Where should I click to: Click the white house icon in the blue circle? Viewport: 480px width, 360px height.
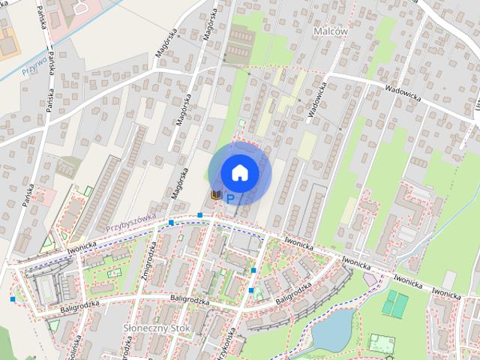click(x=240, y=172)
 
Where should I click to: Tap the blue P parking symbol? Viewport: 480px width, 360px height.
click(x=230, y=199)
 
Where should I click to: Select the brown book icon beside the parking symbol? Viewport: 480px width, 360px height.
click(x=216, y=195)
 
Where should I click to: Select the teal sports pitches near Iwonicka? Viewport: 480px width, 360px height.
click(x=394, y=304)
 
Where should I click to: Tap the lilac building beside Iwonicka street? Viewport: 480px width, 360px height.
click(x=370, y=278)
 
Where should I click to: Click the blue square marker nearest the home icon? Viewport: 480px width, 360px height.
click(x=200, y=215)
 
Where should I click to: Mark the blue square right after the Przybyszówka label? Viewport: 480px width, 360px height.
click(x=172, y=223)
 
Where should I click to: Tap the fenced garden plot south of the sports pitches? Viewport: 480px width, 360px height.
click(x=382, y=343)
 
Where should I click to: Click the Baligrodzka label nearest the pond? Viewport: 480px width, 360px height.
click(x=294, y=293)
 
